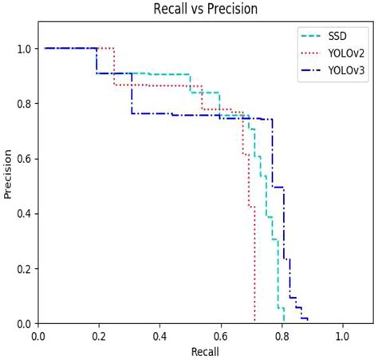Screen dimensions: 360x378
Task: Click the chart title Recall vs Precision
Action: (x=205, y=10)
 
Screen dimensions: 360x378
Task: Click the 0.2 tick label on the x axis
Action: (x=99, y=336)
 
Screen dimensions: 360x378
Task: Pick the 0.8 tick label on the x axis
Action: (x=282, y=336)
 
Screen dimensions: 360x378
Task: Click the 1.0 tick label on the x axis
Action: (x=342, y=336)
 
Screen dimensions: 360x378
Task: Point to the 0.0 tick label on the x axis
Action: (x=38, y=336)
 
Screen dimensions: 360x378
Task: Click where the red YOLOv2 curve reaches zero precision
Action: (x=254, y=322)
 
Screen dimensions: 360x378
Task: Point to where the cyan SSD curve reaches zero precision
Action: (x=284, y=322)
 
